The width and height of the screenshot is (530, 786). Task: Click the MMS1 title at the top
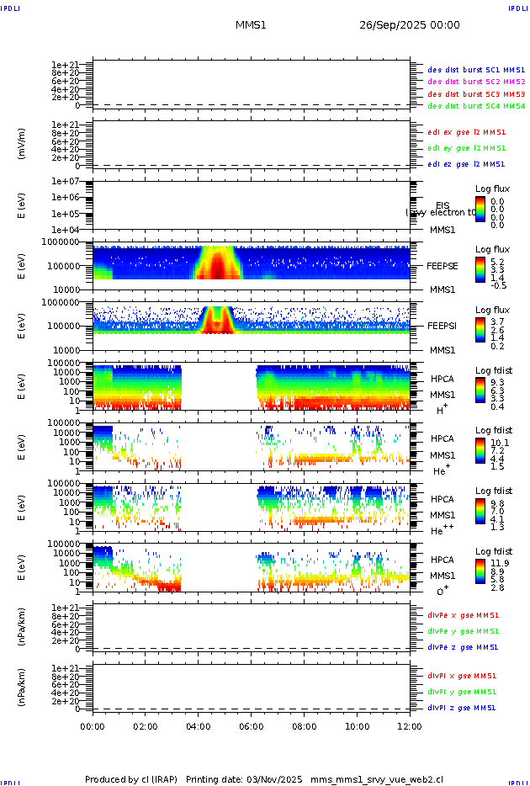point(251,25)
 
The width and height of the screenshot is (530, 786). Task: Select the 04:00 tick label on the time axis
point(198,725)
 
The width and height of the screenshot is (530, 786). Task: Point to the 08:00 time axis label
point(304,725)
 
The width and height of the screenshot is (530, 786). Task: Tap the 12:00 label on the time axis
point(410,725)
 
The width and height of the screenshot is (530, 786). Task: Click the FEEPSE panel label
point(443,265)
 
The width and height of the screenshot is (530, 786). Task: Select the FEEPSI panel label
point(443,325)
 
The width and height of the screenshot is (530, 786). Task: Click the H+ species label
point(441,409)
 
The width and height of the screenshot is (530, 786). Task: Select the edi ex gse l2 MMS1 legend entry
point(467,132)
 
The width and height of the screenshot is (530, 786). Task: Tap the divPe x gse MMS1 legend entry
point(464,615)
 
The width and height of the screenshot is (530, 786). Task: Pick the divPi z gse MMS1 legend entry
point(462,708)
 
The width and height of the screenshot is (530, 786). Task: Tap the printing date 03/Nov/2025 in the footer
point(275,779)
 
